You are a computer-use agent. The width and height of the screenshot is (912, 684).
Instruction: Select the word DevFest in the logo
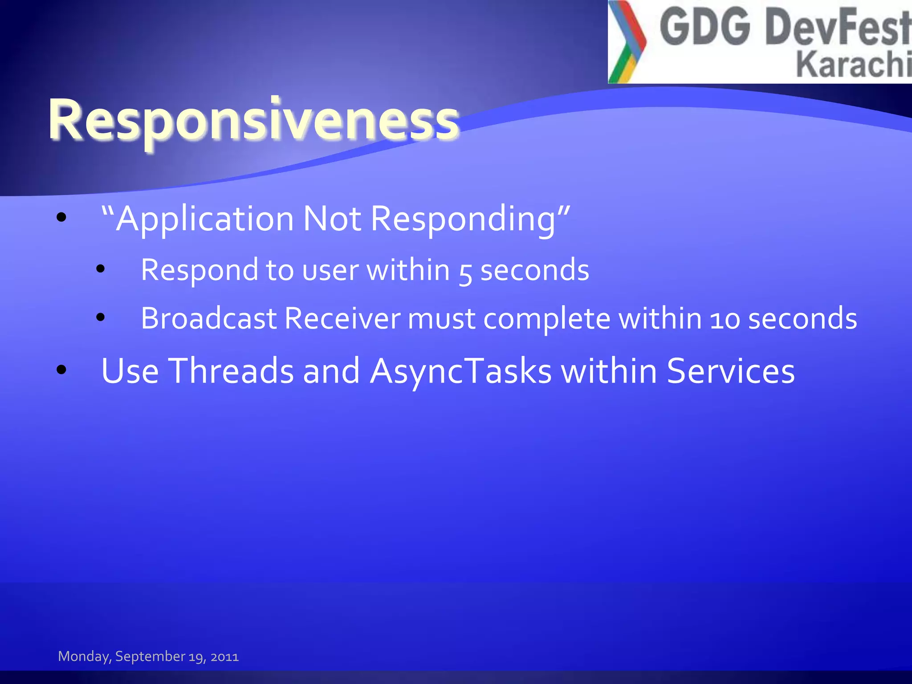[837, 28]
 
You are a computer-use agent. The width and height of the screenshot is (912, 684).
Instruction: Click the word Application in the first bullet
[204, 219]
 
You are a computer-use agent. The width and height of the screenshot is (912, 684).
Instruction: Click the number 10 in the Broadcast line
[725, 319]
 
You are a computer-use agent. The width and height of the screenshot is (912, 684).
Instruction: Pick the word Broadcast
[208, 318]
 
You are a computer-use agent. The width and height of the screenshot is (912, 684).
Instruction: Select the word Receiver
[342, 318]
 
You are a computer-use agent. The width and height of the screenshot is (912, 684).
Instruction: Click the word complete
[547, 319]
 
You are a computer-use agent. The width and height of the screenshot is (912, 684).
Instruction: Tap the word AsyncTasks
[461, 371]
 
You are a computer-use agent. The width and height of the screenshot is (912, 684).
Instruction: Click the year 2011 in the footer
[224, 657]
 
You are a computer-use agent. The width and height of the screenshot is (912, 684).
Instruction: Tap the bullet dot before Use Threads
[61, 369]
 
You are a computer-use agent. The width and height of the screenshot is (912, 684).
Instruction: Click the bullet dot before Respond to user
[101, 269]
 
